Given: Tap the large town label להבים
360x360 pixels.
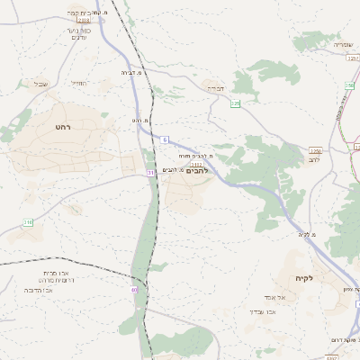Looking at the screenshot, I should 196,170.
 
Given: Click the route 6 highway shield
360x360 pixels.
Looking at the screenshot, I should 166,139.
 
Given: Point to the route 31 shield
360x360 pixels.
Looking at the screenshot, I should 150,171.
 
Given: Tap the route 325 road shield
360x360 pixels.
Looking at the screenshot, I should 236,103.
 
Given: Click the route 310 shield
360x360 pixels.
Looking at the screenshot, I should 28,221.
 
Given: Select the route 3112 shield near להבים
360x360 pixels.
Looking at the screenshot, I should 195,164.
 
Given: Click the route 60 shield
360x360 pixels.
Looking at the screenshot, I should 134,290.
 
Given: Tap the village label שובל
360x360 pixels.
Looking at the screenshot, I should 40,84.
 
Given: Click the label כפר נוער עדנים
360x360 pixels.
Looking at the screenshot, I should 78,33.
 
